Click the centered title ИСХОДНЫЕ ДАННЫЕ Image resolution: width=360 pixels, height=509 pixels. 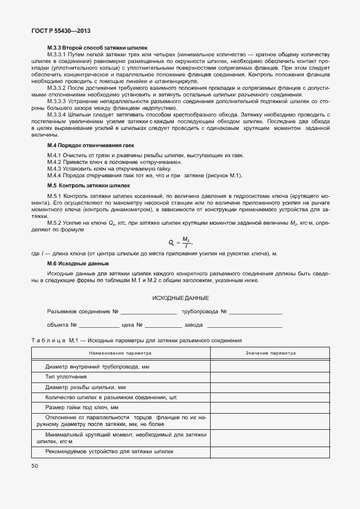(181, 298)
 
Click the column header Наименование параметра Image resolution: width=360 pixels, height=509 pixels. (119, 353)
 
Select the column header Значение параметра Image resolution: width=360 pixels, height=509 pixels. (270, 353)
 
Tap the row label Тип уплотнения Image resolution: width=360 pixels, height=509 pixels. (66, 377)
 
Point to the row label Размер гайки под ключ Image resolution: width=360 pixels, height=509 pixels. (82, 408)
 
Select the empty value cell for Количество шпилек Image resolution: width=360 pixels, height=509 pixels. (270, 397)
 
